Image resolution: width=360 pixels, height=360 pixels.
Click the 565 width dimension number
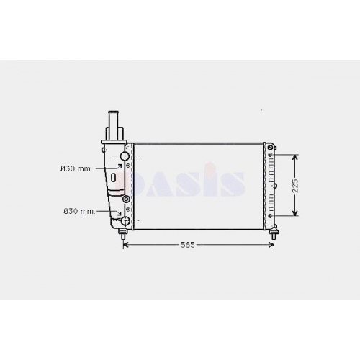click(x=187, y=245)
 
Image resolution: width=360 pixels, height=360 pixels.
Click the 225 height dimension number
click(x=295, y=186)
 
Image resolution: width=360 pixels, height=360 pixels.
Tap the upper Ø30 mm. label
click(x=76, y=168)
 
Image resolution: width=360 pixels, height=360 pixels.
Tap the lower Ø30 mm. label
click(x=79, y=211)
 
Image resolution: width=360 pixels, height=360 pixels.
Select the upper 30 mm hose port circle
click(x=125, y=156)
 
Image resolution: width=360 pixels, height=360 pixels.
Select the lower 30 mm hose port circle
click(x=126, y=220)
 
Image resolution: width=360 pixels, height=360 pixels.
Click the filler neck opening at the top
click(x=114, y=112)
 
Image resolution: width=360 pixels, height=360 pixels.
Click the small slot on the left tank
click(x=114, y=177)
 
